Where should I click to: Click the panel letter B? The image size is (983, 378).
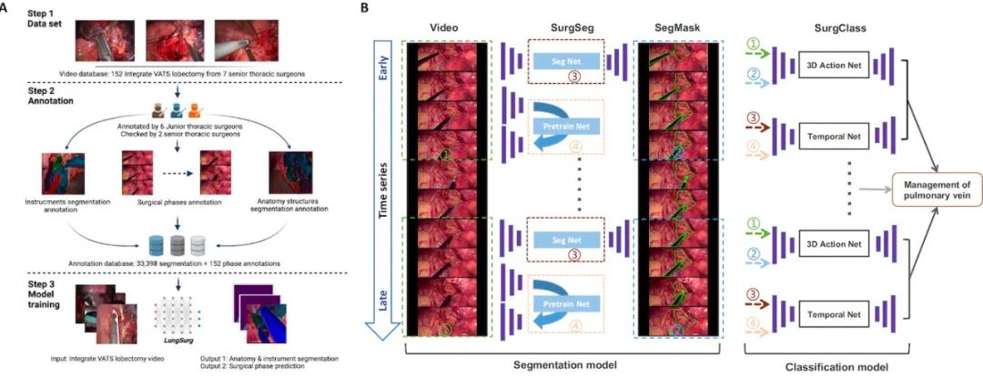coord(365,9)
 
